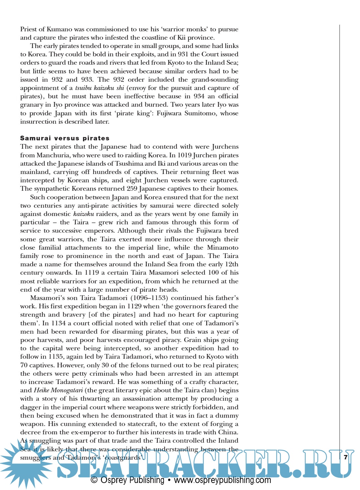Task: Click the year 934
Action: click(x=199, y=96)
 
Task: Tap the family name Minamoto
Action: click(x=223, y=248)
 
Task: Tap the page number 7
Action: click(x=346, y=457)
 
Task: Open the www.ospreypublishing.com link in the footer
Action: click(x=222, y=480)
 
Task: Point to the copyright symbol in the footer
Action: click(x=94, y=480)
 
